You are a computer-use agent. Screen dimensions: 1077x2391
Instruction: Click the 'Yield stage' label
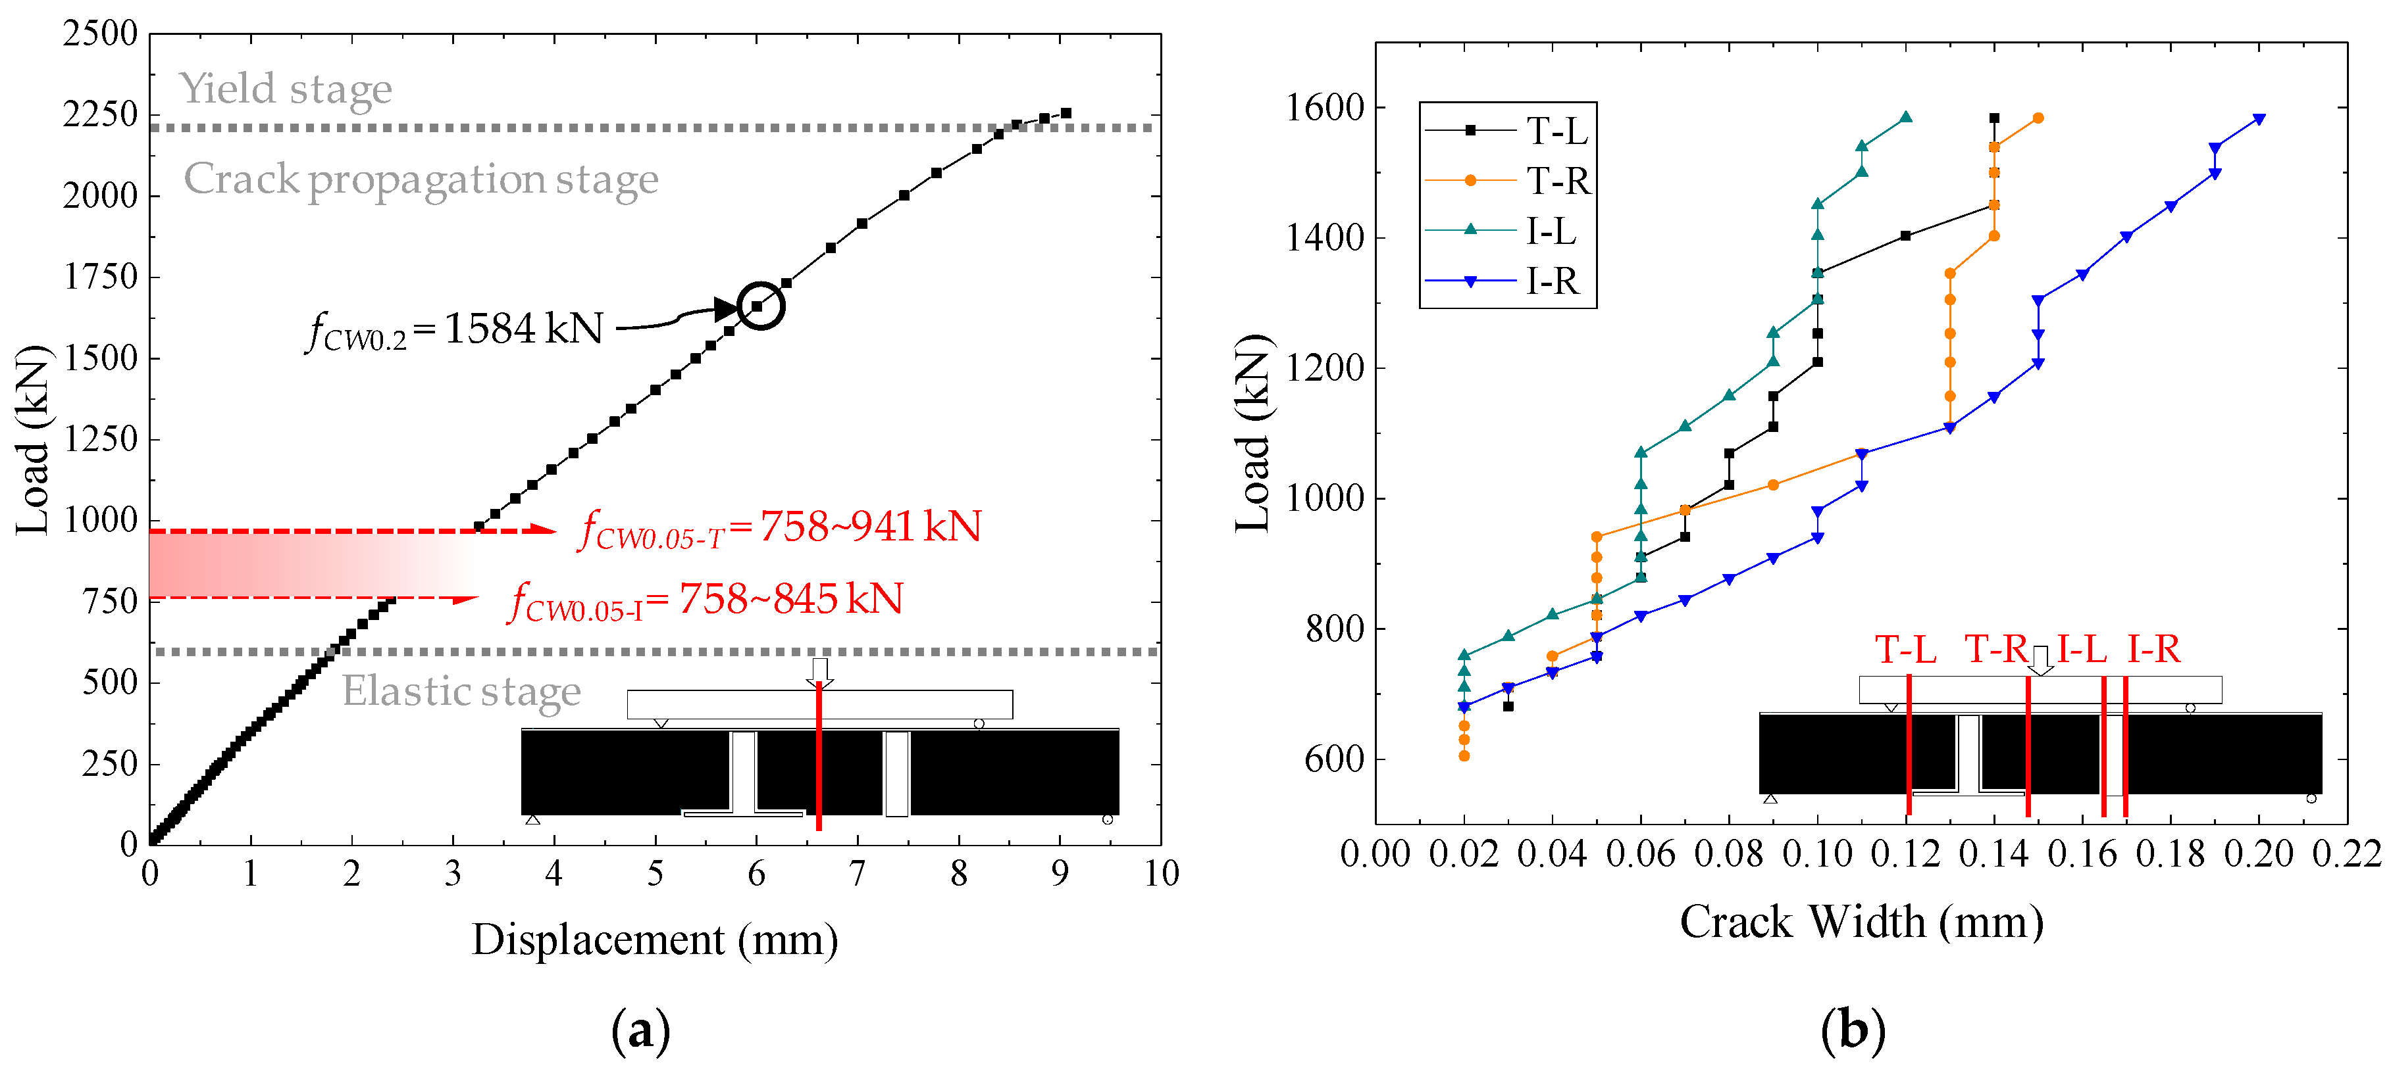click(x=285, y=89)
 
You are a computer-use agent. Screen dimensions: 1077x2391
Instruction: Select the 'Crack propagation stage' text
click(x=421, y=179)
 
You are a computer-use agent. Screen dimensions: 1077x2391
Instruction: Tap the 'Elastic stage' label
click(x=461, y=691)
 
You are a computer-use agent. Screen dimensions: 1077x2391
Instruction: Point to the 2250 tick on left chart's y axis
click(x=99, y=115)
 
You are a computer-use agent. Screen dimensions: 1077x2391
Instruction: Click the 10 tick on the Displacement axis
click(x=1160, y=873)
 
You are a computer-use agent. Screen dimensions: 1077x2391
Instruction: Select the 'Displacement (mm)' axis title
click(x=654, y=940)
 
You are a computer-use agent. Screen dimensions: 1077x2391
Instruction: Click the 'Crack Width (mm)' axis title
click(x=1861, y=922)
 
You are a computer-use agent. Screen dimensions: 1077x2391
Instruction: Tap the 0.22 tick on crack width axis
click(x=2346, y=853)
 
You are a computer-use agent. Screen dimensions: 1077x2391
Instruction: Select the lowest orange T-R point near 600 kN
click(x=1464, y=756)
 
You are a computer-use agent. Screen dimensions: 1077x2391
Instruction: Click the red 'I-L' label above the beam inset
click(x=2081, y=650)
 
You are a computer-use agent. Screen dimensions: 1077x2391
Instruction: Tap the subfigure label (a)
click(x=640, y=1030)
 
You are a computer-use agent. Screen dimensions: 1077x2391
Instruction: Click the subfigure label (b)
click(x=1853, y=1030)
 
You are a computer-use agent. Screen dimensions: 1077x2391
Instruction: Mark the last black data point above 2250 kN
click(x=1066, y=113)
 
